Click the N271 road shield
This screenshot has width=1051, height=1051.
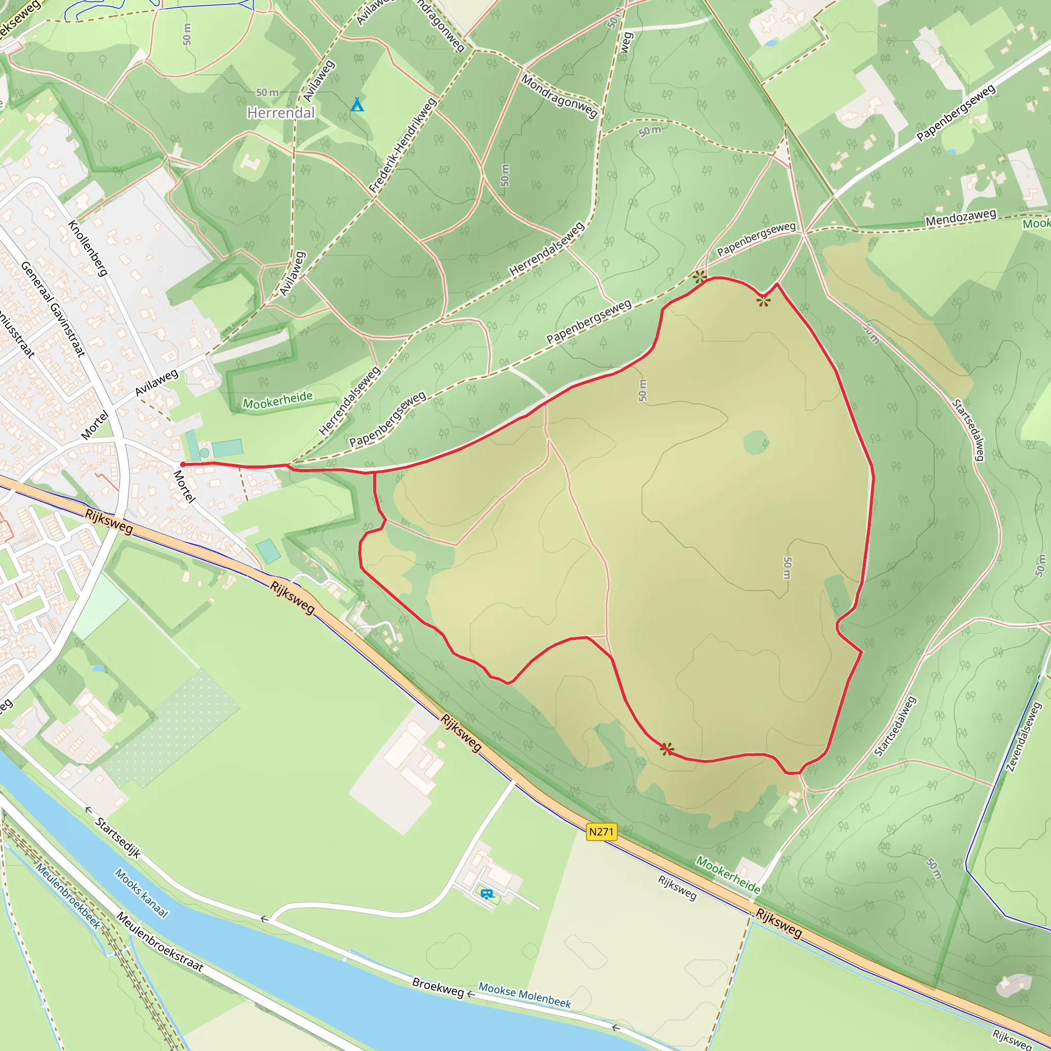coord(601,832)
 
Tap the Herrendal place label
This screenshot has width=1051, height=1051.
coord(281,112)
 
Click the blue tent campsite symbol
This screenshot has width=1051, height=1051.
coord(357,105)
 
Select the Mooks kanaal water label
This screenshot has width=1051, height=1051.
coord(142,893)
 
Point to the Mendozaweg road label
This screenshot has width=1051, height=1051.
coord(961,218)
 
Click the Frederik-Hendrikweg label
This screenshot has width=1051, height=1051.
coord(402,145)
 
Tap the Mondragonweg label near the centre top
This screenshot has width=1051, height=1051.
coord(559,96)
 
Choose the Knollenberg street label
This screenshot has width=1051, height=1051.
coord(88,248)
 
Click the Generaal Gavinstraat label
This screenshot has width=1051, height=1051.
coord(53,308)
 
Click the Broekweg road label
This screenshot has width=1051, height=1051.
coord(438,987)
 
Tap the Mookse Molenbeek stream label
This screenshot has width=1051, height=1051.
coord(525,995)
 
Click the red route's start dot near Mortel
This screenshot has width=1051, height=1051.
coord(183,464)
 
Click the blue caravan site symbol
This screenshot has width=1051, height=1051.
coord(487,893)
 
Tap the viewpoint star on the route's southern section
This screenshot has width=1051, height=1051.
coord(667,749)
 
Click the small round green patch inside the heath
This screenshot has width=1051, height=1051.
coord(755,442)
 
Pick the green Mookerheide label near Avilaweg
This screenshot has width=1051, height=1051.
coord(278,400)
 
